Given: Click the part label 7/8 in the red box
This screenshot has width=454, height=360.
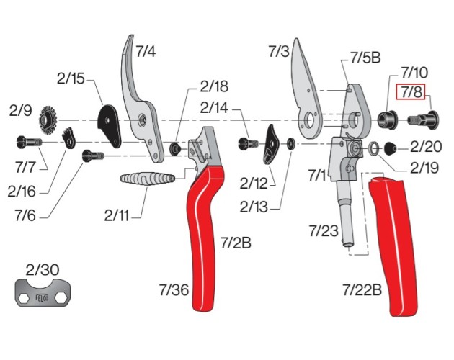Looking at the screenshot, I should click(x=411, y=91).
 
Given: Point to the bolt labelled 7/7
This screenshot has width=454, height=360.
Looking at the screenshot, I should click(x=28, y=143).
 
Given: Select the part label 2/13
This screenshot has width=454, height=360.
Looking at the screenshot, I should click(x=254, y=207).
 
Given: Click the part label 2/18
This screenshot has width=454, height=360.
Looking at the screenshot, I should click(x=214, y=86).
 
